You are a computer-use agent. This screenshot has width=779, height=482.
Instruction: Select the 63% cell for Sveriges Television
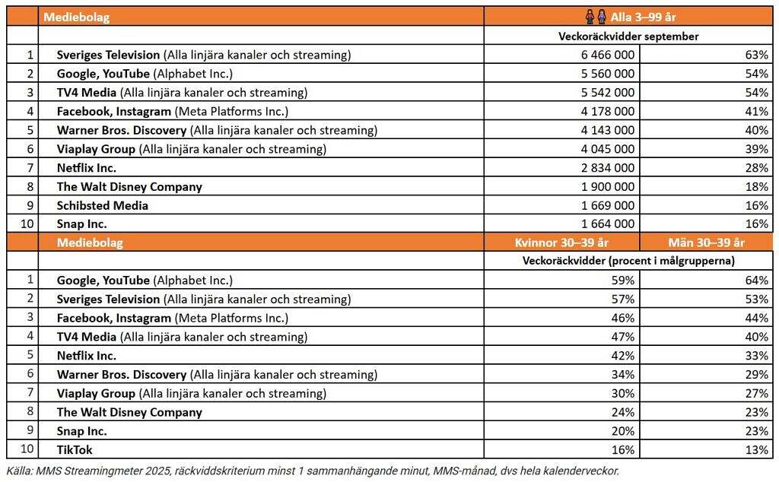[756, 55]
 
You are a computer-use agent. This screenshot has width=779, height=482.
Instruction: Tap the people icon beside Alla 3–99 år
[596, 17]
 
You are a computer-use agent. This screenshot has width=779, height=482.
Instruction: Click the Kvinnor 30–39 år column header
[561, 243]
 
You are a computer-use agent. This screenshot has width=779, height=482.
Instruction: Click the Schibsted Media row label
[103, 205]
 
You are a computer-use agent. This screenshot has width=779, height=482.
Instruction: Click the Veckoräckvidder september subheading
[628, 36]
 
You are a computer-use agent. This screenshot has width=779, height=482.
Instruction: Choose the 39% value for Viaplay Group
[756, 149]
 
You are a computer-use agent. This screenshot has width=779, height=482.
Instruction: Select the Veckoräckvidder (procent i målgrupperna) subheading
[628, 261]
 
